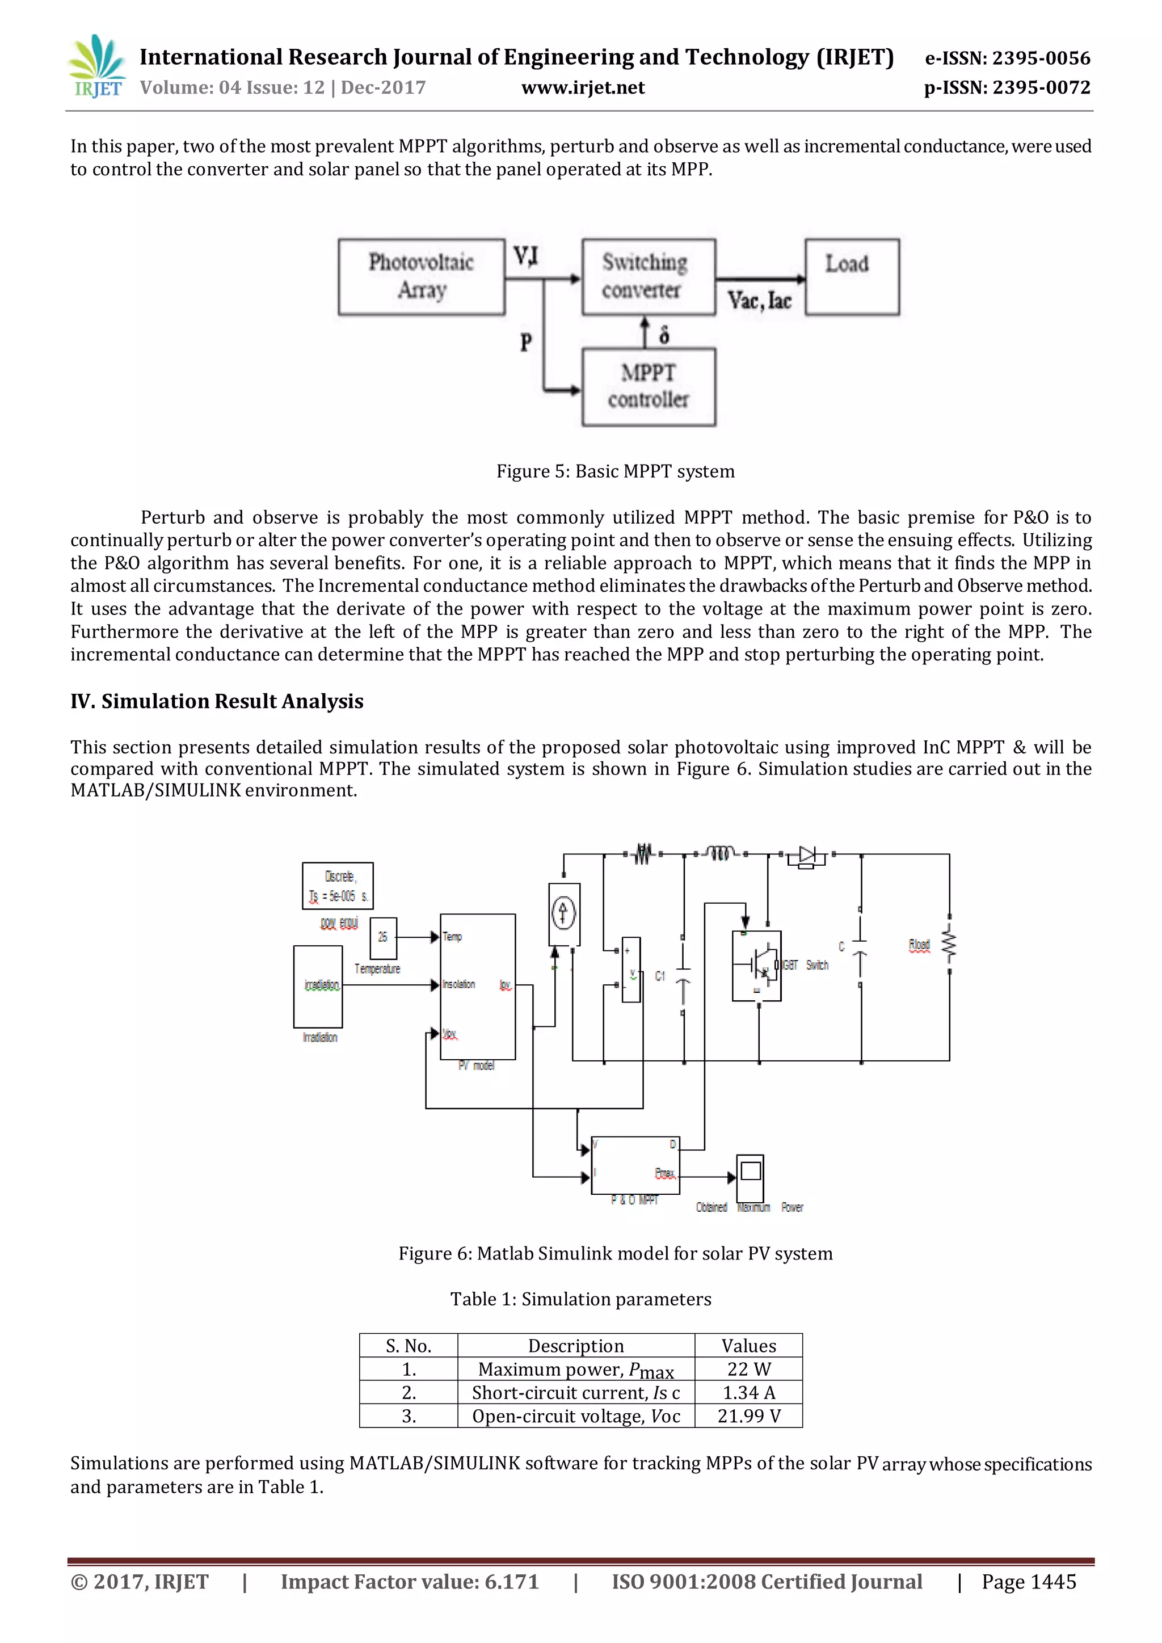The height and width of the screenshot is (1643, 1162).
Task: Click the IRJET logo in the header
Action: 96,66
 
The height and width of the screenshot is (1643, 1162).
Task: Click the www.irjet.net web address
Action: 583,88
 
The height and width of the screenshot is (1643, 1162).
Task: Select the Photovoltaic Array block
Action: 422,277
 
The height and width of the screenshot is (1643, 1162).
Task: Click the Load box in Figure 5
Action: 852,277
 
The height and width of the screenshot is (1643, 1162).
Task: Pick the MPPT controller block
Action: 649,387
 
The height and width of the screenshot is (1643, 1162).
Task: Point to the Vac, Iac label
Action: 759,301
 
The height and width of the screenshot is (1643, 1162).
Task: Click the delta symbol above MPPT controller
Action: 664,335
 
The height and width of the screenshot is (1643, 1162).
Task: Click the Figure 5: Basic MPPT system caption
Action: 616,471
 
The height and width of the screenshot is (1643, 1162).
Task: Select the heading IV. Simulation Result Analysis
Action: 217,701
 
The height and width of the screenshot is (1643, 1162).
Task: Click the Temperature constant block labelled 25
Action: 383,937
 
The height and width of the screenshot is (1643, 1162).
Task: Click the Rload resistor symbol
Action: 949,945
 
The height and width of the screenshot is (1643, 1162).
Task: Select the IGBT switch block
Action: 756,966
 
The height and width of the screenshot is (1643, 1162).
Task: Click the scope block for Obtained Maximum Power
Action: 750,1178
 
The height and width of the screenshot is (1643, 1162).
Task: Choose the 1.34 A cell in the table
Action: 748,1393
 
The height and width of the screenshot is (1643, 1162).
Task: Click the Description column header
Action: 576,1346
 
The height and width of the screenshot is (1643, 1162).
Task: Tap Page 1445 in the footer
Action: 1028,1582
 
